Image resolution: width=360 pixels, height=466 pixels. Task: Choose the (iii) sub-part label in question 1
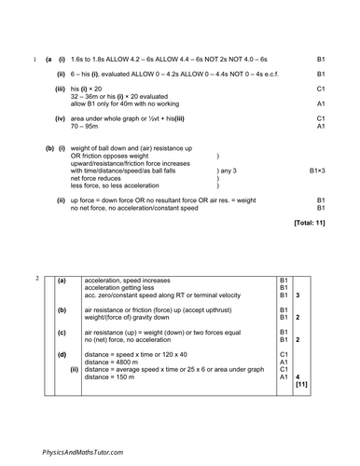click(61, 89)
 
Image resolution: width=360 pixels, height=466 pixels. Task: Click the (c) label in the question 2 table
click(62, 332)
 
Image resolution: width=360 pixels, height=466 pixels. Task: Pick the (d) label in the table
click(62, 354)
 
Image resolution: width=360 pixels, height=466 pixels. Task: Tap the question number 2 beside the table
click(37, 279)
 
